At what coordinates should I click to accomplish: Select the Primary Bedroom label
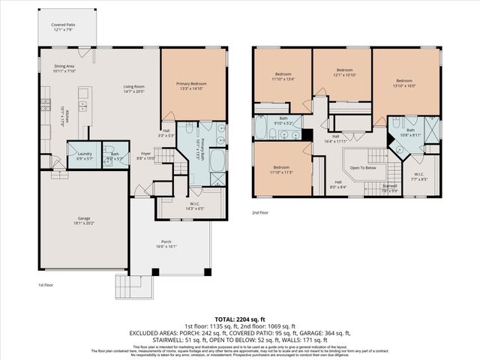pyautogui.click(x=193, y=85)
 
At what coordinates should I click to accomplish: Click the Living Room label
pyautogui.click(x=134, y=89)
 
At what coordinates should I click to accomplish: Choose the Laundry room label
pyautogui.click(x=84, y=155)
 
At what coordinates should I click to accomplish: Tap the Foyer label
pyautogui.click(x=146, y=155)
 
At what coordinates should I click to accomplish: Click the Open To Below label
pyautogui.click(x=360, y=167)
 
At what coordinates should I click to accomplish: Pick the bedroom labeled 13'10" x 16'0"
pyautogui.click(x=404, y=82)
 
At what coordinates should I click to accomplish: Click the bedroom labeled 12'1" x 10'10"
pyautogui.click(x=342, y=75)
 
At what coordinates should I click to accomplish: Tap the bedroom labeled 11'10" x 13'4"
pyautogui.click(x=283, y=76)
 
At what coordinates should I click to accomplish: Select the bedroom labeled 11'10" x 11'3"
pyautogui.click(x=281, y=169)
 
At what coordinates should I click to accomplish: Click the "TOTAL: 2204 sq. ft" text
pyautogui.click(x=240, y=317)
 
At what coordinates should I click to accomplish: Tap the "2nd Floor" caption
pyautogui.click(x=259, y=213)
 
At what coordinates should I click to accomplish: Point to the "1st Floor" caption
pyautogui.click(x=46, y=285)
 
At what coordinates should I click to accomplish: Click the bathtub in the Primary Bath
pyautogui.click(x=216, y=160)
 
